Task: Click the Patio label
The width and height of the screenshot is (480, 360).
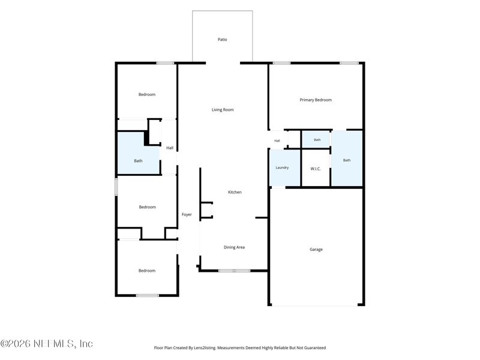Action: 222,40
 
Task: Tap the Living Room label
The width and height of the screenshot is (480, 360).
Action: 223,110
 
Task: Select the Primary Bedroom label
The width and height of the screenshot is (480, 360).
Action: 316,100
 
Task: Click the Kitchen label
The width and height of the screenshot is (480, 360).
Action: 235,192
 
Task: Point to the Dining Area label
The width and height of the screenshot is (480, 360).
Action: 234,247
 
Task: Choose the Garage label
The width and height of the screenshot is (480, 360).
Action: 316,250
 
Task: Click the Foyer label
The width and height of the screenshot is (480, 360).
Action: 187,215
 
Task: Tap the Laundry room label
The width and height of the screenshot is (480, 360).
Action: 282,167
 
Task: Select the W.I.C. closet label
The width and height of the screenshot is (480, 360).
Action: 316,169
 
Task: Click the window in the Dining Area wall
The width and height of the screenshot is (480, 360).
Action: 234,271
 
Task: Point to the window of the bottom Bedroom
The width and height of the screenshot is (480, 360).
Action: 147,295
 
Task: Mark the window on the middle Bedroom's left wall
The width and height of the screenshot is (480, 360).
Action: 116,187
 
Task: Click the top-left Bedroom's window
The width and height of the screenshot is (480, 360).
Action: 166,63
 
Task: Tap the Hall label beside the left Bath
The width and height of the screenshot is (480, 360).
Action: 170,148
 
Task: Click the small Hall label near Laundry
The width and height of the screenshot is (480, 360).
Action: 277,141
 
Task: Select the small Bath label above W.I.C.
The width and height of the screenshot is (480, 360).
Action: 317,140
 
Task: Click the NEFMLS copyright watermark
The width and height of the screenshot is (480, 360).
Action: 46,343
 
